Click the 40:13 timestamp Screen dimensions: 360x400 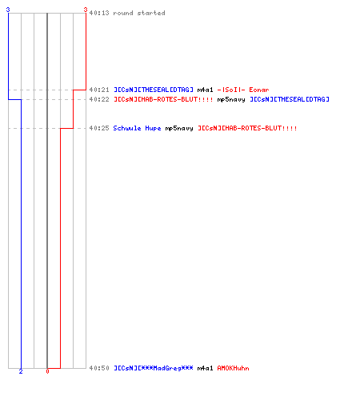point(99,13)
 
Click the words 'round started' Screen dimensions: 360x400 point(139,13)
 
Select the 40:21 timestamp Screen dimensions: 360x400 point(99,90)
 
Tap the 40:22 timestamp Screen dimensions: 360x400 point(99,99)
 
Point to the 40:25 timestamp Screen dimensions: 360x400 point(99,128)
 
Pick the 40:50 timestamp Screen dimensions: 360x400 point(99,368)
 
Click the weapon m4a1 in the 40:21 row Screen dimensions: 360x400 point(205,90)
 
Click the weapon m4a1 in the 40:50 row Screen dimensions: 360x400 point(205,368)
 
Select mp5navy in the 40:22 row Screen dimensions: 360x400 point(231,100)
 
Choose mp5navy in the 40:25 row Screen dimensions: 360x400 point(179,129)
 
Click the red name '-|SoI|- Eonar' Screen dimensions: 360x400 point(243,90)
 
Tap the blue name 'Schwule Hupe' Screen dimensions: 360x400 point(137,128)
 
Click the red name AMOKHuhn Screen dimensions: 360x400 point(233,368)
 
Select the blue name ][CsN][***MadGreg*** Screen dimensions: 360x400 point(154,368)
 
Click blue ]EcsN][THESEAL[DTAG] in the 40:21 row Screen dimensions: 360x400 point(154,90)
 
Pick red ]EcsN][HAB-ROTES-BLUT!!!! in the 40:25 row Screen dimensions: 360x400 point(247,128)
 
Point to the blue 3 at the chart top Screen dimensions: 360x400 point(8,10)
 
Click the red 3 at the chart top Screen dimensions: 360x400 point(86,10)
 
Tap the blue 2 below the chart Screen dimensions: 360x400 point(21,371)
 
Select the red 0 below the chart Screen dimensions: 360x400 point(47,371)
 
